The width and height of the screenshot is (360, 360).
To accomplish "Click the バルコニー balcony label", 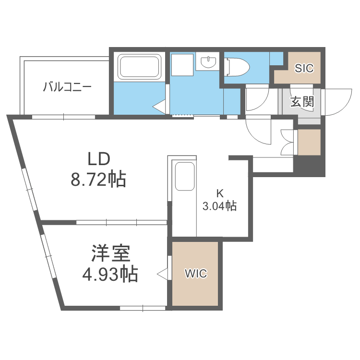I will point(67,87).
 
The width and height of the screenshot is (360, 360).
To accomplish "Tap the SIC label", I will point(304,68).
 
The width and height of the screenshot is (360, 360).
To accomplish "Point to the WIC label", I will point(196,274).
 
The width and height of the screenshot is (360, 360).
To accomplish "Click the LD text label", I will point(98,158).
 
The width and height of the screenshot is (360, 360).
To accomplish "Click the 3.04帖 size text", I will point(219,206).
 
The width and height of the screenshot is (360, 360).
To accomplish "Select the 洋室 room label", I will point(110,252).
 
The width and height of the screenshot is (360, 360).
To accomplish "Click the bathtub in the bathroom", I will point(140,66).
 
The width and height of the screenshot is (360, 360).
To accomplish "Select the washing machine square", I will point(182,65).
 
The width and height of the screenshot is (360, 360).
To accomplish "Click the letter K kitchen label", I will point(220,194).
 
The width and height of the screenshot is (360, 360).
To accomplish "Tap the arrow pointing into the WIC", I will point(162,274).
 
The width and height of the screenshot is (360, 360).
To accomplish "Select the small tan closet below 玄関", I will point(310,142).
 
